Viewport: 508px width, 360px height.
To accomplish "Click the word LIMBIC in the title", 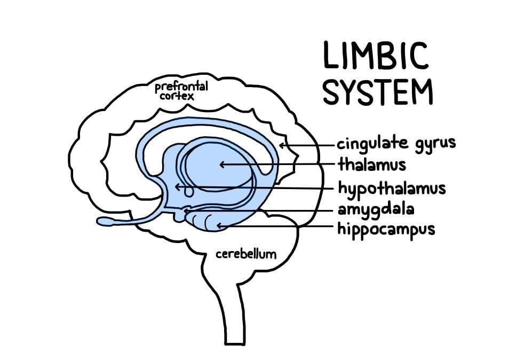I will click(376, 56).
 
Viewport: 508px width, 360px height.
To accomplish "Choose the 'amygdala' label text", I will click(376, 209).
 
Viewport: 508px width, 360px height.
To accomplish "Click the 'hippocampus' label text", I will click(386, 230).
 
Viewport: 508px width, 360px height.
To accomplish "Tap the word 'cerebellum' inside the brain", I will click(246, 254).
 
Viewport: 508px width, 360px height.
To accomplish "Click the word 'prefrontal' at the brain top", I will click(181, 87).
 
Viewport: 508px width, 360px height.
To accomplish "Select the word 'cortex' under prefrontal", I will click(176, 97).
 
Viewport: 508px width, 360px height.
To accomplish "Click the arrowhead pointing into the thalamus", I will click(223, 164).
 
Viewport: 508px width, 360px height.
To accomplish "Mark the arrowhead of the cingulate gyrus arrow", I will click(282, 144).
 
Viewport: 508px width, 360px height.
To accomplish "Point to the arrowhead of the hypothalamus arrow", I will click(178, 186).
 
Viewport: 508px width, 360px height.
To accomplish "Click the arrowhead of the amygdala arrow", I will click(187, 212).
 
